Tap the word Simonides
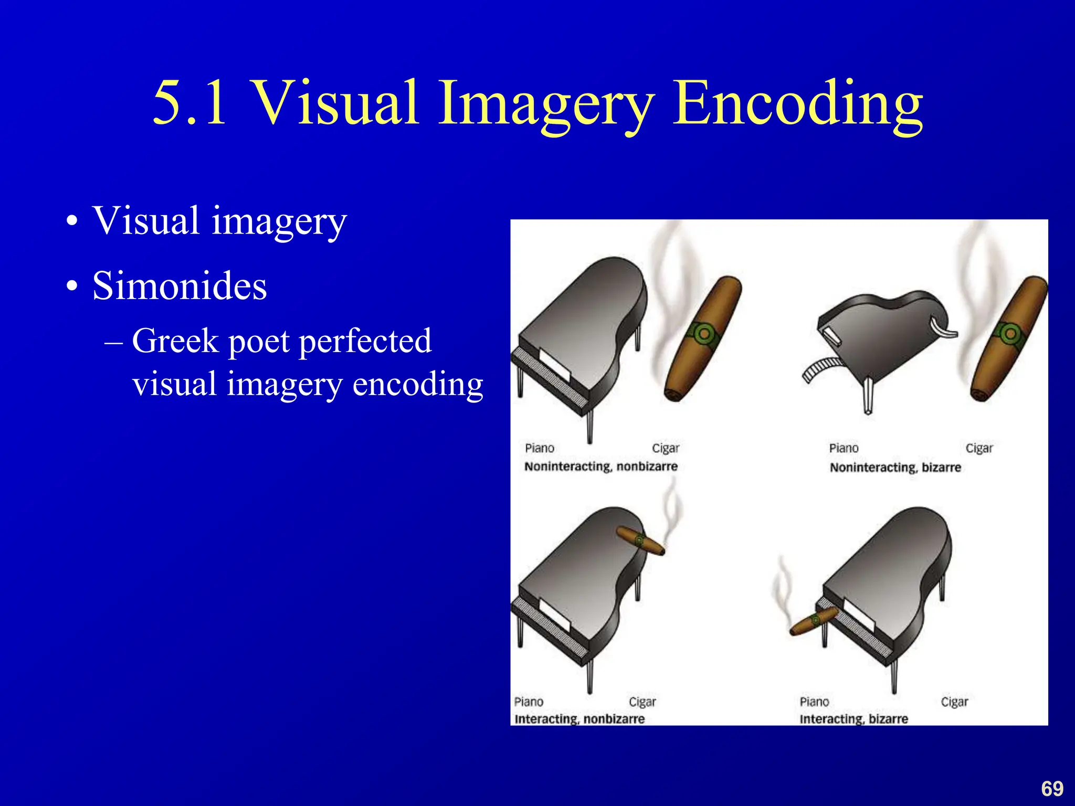180,286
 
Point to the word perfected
365,341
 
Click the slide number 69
1052,789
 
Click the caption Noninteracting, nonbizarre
601,466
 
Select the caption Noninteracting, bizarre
895,468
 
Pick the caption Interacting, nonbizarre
579,719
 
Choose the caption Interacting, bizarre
853,719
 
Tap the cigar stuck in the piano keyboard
814,621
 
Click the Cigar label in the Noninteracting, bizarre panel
979,448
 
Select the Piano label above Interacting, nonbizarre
529,702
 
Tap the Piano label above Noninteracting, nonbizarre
540,448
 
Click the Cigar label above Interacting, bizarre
954,702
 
